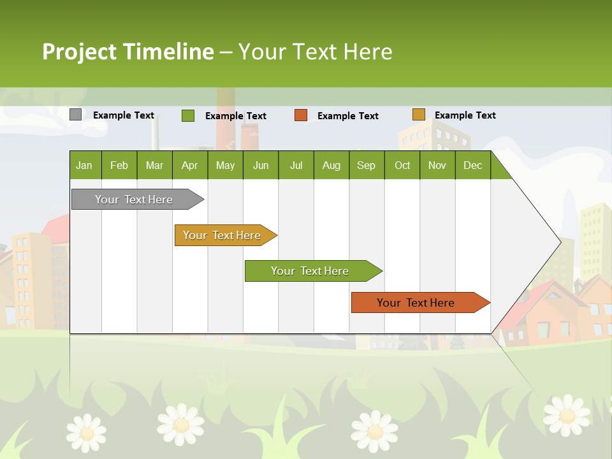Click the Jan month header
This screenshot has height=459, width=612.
point(85,165)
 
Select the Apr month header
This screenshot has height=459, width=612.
point(190,165)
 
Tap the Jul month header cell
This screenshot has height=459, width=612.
point(296,165)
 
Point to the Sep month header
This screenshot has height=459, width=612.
point(367,165)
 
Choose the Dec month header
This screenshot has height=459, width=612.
point(472,165)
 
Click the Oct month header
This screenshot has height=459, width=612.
point(402,165)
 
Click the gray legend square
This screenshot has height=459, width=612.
point(75,115)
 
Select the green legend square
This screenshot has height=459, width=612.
point(187,115)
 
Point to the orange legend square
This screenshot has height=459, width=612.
point(301,115)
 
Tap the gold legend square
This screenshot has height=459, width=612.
point(418,115)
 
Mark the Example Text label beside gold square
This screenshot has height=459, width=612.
point(465,115)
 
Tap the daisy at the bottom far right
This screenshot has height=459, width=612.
point(566,414)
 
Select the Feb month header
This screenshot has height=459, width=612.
point(119,165)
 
